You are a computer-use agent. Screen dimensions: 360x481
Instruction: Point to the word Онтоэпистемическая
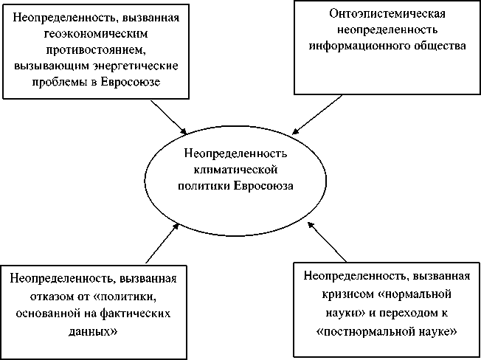(x=387, y=14)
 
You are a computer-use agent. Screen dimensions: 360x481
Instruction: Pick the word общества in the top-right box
(x=440, y=46)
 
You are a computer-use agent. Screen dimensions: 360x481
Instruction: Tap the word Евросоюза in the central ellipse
(x=263, y=185)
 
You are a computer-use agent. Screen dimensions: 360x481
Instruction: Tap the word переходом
(x=409, y=309)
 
